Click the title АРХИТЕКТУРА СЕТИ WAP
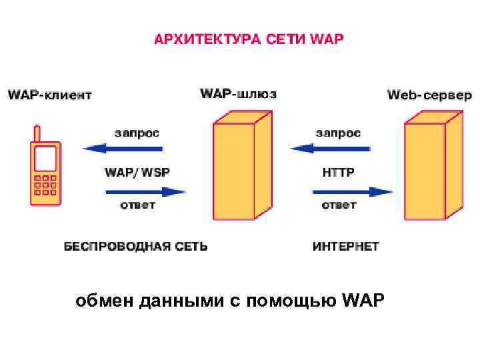(249, 39)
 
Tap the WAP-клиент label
(50, 95)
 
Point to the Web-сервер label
(429, 95)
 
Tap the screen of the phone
(45, 159)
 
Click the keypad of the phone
(45, 186)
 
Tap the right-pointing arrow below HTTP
(353, 192)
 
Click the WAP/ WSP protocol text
(137, 172)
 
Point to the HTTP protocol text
(339, 172)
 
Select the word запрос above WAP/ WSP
(137, 133)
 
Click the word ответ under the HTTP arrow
(339, 205)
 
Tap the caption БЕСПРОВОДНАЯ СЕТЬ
(135, 247)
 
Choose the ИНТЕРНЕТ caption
(346, 247)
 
